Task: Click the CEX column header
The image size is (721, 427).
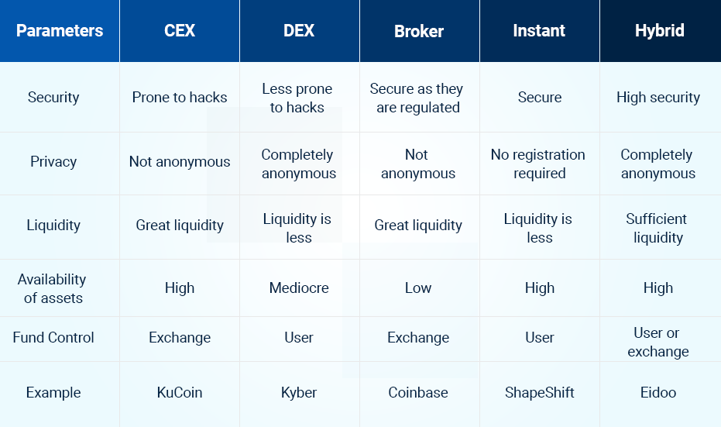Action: [180, 31]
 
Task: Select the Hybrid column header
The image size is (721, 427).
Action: [659, 31]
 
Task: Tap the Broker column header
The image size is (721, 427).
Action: [419, 31]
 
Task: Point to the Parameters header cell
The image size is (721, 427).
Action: [60, 31]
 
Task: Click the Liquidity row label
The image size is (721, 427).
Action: [53, 225]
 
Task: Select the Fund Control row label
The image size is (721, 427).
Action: [53, 337]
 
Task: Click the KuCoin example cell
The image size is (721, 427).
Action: [180, 392]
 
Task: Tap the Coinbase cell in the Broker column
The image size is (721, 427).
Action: [418, 392]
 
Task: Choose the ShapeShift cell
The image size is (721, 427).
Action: [539, 392]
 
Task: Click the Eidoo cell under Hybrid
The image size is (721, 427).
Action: [658, 392]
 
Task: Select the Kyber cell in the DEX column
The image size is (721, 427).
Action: [299, 392]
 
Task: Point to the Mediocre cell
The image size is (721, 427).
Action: [299, 288]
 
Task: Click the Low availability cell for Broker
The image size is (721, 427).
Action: [418, 288]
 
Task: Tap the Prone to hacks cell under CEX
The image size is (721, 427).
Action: [180, 98]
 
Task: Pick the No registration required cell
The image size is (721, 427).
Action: [538, 164]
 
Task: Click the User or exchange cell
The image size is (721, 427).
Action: [658, 342]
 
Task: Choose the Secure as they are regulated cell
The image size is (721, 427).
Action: [417, 98]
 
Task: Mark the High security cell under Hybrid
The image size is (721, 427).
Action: [658, 98]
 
